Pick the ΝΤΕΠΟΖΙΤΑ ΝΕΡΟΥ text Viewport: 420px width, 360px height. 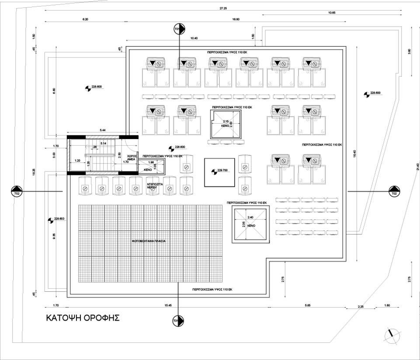coord(155,187)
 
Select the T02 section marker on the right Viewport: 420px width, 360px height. coord(394,192)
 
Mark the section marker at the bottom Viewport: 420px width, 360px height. coord(178,321)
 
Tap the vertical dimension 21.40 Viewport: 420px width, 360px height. coord(417,167)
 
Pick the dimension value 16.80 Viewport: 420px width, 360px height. coord(236,20)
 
